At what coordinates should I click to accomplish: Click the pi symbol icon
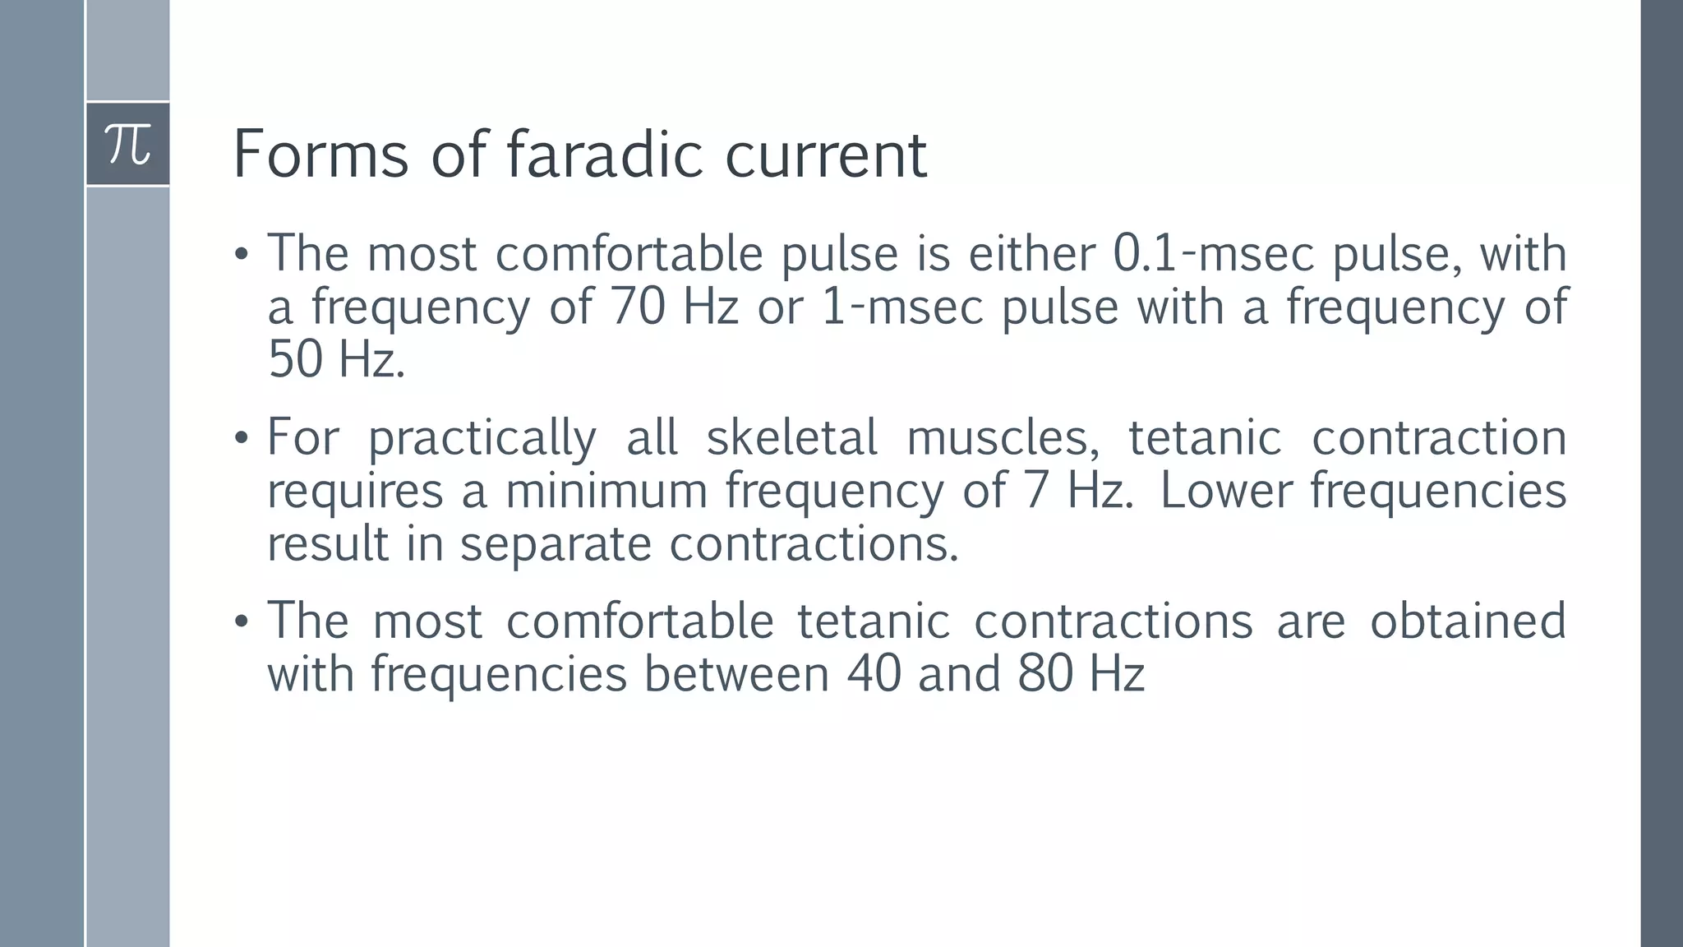(128, 145)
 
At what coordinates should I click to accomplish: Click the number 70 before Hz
(638, 307)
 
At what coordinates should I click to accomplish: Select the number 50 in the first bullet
(295, 360)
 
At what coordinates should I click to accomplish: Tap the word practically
(482, 437)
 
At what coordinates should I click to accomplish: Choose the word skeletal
(791, 437)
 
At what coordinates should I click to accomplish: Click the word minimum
(606, 491)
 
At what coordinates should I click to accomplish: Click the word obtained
(1468, 621)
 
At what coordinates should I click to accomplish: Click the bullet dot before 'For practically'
(241, 439)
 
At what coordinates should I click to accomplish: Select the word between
(736, 674)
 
